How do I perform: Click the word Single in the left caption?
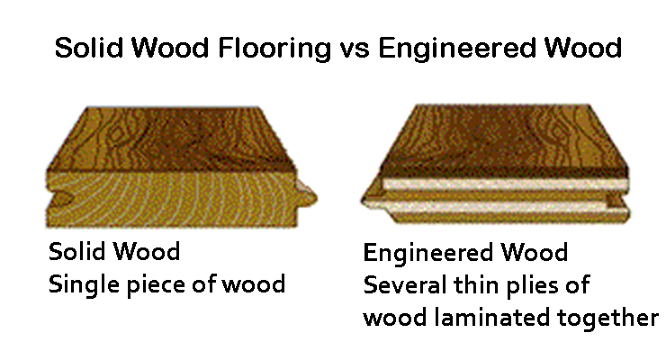[79, 286]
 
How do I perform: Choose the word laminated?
[504, 317]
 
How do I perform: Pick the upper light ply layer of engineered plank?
[504, 186]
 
